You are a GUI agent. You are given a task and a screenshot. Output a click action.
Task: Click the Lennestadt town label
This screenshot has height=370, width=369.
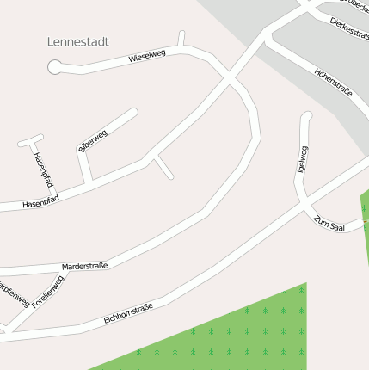[x=83, y=41]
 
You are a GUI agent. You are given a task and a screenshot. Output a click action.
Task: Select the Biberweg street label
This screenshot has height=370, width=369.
[x=92, y=139]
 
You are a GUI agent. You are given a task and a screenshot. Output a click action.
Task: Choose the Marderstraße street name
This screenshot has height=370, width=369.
[x=84, y=267]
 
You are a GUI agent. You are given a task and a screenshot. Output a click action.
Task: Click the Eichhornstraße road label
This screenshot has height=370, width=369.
[x=128, y=314]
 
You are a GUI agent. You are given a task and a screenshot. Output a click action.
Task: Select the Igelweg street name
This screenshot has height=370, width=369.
[x=301, y=159]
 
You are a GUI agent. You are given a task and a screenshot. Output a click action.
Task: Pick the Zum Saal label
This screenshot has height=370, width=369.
[x=329, y=223]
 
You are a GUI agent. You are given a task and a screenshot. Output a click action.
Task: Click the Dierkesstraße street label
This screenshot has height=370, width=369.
[x=349, y=28]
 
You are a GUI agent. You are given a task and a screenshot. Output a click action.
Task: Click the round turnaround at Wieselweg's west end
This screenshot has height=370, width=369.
[x=55, y=66]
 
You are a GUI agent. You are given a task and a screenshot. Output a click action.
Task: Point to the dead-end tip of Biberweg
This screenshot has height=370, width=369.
[x=135, y=110]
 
